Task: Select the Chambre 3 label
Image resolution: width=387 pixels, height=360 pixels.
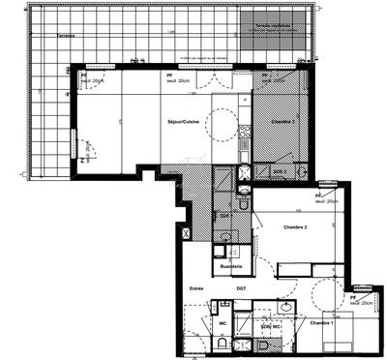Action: point(283,123)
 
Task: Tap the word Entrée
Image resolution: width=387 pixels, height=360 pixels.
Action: point(197,288)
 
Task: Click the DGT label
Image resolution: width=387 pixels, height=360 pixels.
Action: point(241,288)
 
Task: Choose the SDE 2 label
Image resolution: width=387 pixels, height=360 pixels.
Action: point(282,171)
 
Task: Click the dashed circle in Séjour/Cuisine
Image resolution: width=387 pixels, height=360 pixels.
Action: point(222,122)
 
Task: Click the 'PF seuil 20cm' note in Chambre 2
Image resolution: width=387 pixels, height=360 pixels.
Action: point(326,198)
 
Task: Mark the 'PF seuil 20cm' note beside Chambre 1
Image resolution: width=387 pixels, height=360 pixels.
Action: point(362,301)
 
